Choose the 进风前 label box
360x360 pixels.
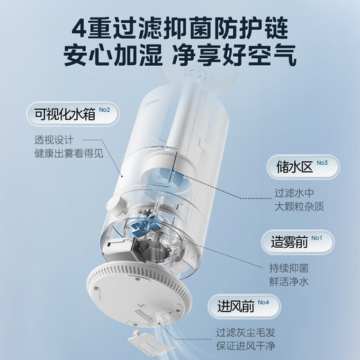pyautogui.click(x=239, y=306)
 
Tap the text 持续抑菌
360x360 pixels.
pyautogui.click(x=291, y=267)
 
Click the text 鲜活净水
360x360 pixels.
pyautogui.click(x=291, y=282)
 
